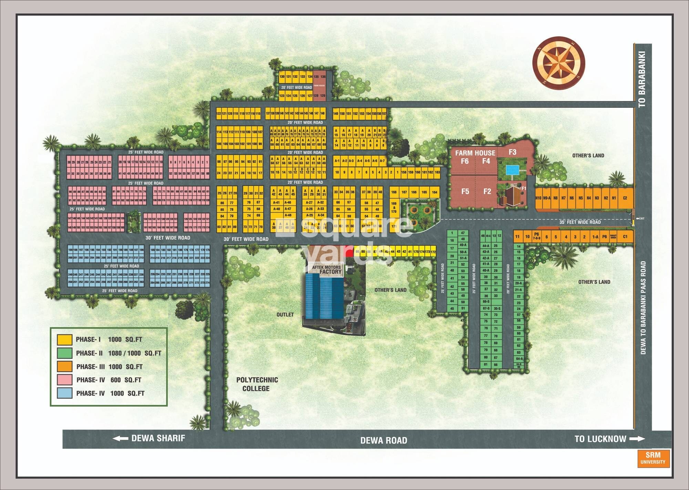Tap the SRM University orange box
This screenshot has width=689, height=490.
tap(653, 458)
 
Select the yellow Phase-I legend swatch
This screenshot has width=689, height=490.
tap(64, 340)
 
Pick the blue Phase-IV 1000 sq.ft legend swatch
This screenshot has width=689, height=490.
tap(64, 393)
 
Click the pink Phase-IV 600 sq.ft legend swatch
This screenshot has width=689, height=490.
tap(64, 380)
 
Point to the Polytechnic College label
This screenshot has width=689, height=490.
tap(257, 384)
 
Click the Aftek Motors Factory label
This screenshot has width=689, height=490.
tap(327, 269)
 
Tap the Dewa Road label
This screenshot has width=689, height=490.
tap(383, 440)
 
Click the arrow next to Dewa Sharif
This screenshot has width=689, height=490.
tap(120, 438)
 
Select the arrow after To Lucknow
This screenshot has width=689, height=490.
tap(637, 439)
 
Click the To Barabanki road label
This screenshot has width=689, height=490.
tap(641, 79)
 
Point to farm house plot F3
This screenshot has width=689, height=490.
tap(512, 152)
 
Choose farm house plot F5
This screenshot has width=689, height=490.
tap(465, 191)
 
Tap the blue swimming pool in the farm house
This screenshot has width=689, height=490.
tap(512, 170)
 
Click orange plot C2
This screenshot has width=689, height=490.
tap(625, 198)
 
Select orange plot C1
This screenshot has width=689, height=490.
tap(625, 237)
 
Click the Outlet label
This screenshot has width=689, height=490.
tap(285, 314)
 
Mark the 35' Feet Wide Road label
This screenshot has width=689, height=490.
tap(580, 222)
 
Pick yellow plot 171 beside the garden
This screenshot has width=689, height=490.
tap(394, 226)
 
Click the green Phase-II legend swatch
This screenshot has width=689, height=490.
tap(64, 353)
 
